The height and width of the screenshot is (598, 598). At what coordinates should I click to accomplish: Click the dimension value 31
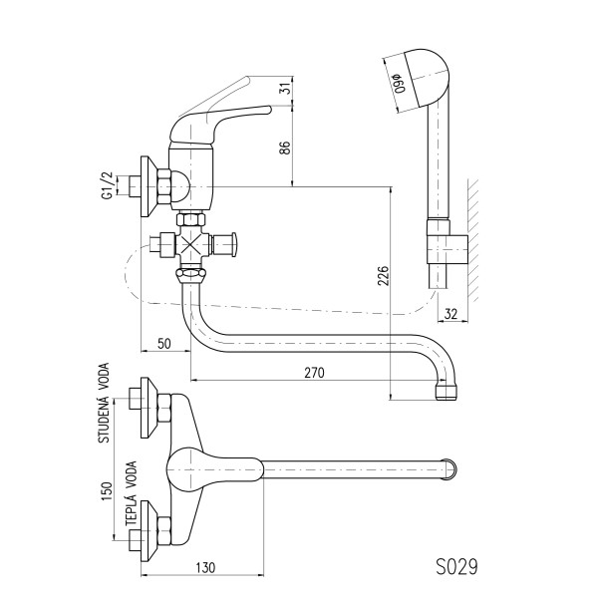[286, 88]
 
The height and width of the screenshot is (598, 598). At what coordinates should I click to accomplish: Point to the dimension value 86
[285, 148]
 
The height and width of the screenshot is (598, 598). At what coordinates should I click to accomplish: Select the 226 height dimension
[383, 275]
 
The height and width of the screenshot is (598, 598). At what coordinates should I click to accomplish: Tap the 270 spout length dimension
[314, 373]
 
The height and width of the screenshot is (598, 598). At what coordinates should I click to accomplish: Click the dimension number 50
[163, 343]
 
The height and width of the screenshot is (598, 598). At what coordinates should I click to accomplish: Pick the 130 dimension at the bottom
[206, 568]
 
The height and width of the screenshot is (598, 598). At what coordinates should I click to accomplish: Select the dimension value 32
[450, 314]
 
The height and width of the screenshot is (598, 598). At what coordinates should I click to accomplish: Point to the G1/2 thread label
[108, 184]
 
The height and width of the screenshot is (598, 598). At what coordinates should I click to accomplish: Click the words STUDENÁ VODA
[104, 403]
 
